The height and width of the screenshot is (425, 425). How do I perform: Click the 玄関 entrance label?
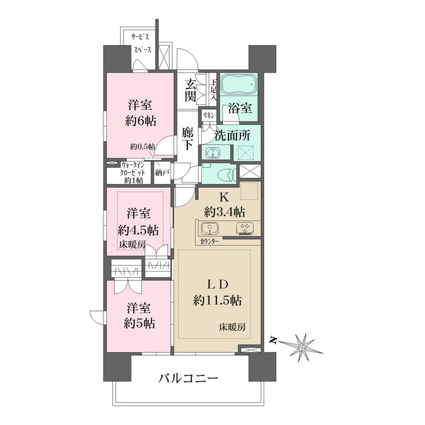(x=191, y=91)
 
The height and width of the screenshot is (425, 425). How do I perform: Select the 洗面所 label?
(x=232, y=134)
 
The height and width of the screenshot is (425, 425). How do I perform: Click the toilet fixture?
(x=226, y=175)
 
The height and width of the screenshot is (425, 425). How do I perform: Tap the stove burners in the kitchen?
(x=244, y=230)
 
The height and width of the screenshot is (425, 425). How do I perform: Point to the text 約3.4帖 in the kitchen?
(x=224, y=212)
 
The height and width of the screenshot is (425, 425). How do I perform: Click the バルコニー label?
(x=188, y=379)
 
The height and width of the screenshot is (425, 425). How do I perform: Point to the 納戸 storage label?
(x=161, y=173)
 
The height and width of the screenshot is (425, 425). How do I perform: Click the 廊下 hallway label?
(x=189, y=139)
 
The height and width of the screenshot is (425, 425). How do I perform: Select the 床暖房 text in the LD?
(x=232, y=327)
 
